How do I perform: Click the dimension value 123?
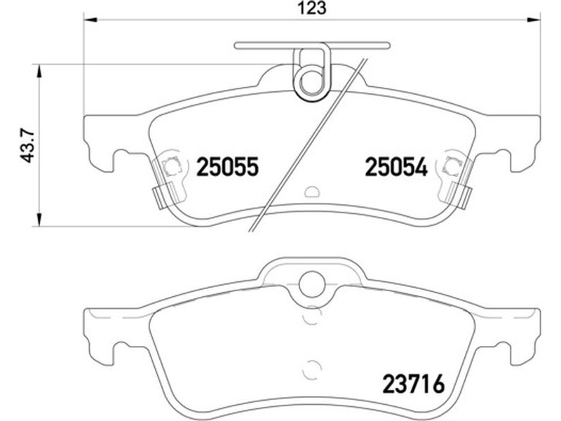(x=313, y=8)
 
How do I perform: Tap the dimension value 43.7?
(x=28, y=146)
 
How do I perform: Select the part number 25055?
(x=227, y=167)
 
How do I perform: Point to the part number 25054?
(x=396, y=167)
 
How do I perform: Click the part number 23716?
(x=414, y=383)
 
